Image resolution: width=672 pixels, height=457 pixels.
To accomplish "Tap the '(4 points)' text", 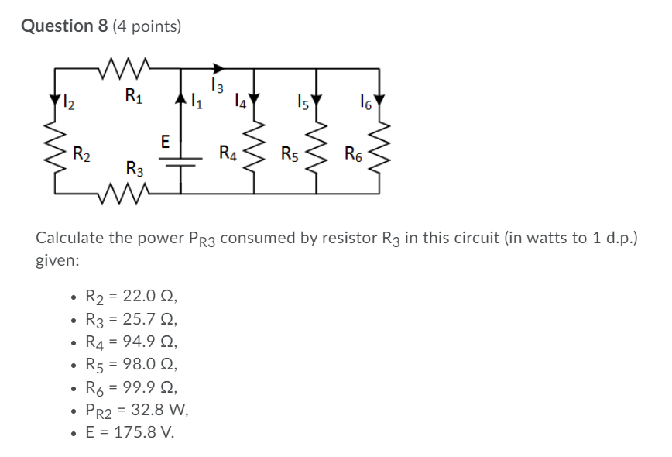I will pos(146,27).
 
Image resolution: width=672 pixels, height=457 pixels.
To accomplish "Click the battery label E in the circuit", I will pos(165,141).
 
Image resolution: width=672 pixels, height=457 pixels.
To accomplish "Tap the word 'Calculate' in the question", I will pos(70,238).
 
